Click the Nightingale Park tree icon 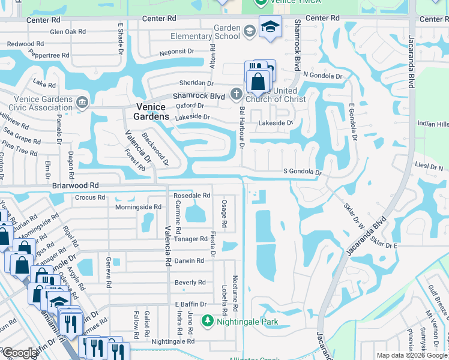208,322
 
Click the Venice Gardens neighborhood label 147,112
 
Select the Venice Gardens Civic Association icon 82,101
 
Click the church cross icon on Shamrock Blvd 237,94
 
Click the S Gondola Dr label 303,172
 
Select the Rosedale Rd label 191,196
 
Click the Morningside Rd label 138,207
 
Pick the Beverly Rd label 190,283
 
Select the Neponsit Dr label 180,53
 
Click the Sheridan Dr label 196,83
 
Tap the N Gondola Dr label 322,76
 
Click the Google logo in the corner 20,353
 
